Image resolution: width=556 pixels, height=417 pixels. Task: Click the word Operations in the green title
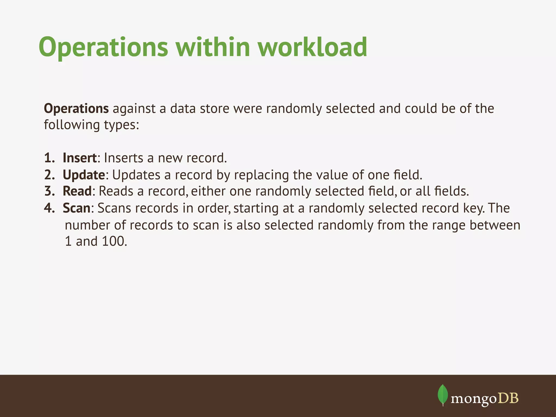(x=103, y=48)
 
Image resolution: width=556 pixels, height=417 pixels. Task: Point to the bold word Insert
(x=80, y=158)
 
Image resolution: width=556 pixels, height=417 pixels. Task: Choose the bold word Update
(x=84, y=175)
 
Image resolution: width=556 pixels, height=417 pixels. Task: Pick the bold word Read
(x=77, y=191)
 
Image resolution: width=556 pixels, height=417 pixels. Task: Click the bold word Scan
(x=76, y=208)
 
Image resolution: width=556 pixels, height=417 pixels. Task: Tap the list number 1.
(x=49, y=158)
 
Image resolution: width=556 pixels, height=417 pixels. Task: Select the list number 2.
(x=49, y=175)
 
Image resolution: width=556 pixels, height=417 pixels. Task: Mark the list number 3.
(x=49, y=191)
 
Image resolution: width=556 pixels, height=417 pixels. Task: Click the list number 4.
(x=49, y=208)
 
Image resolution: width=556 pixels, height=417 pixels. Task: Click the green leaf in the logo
(x=443, y=394)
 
